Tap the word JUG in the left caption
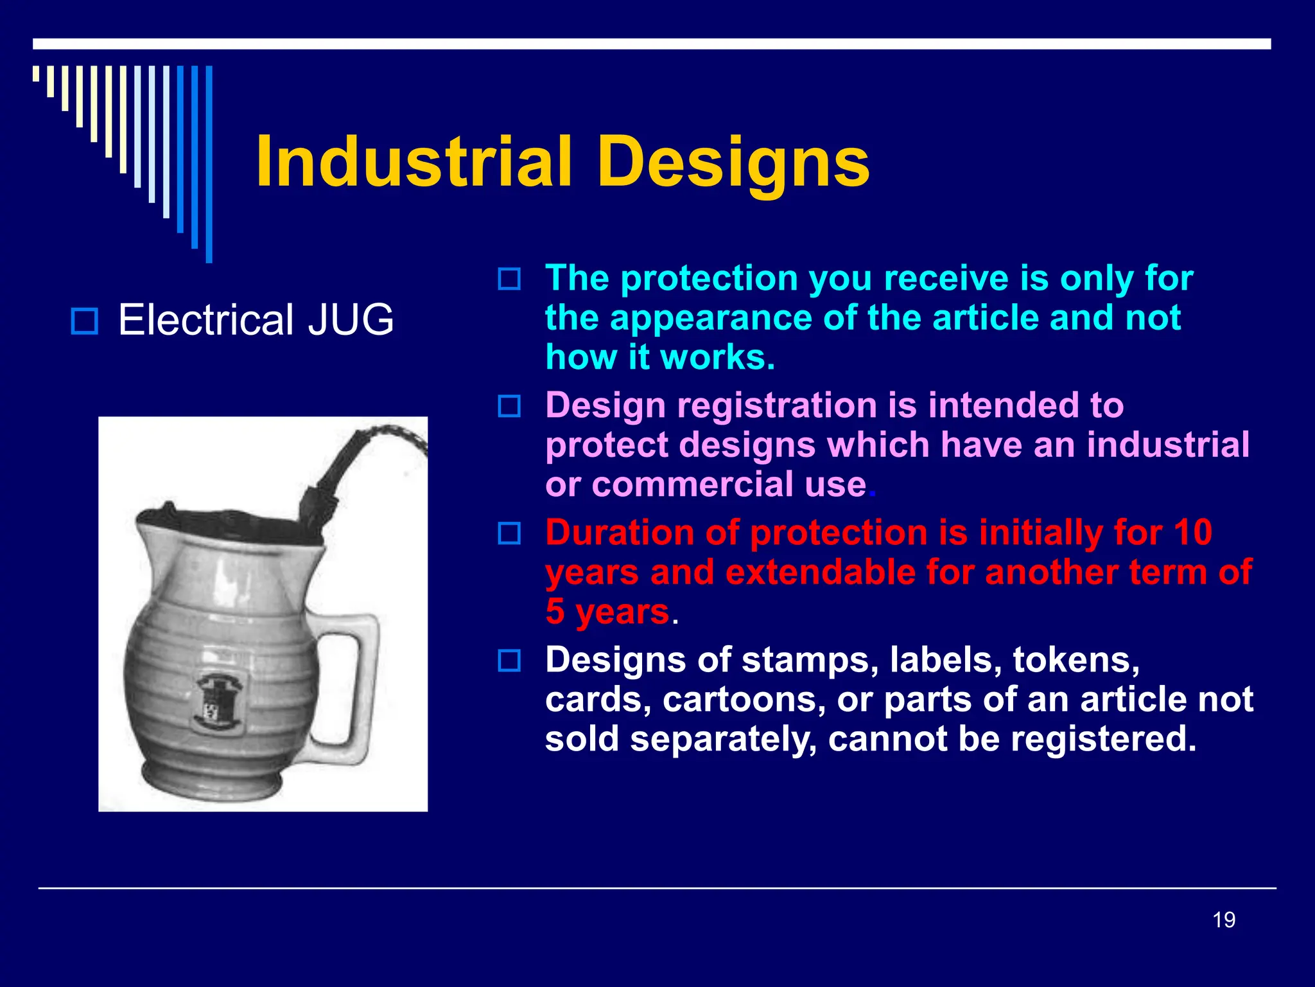pos(351,319)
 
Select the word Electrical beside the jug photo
pos(206,319)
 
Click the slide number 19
pos(1224,920)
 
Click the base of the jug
pos(212,781)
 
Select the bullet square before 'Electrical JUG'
pos(84,321)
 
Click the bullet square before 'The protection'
pos(510,279)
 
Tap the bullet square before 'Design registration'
pos(510,406)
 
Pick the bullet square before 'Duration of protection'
pos(510,533)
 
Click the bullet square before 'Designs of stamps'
pos(510,661)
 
